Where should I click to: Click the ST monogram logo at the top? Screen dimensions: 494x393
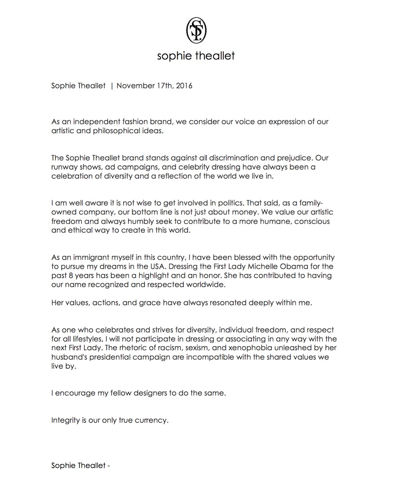(196, 30)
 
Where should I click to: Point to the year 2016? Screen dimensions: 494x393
(184, 86)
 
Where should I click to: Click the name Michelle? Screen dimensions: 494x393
(268, 267)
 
